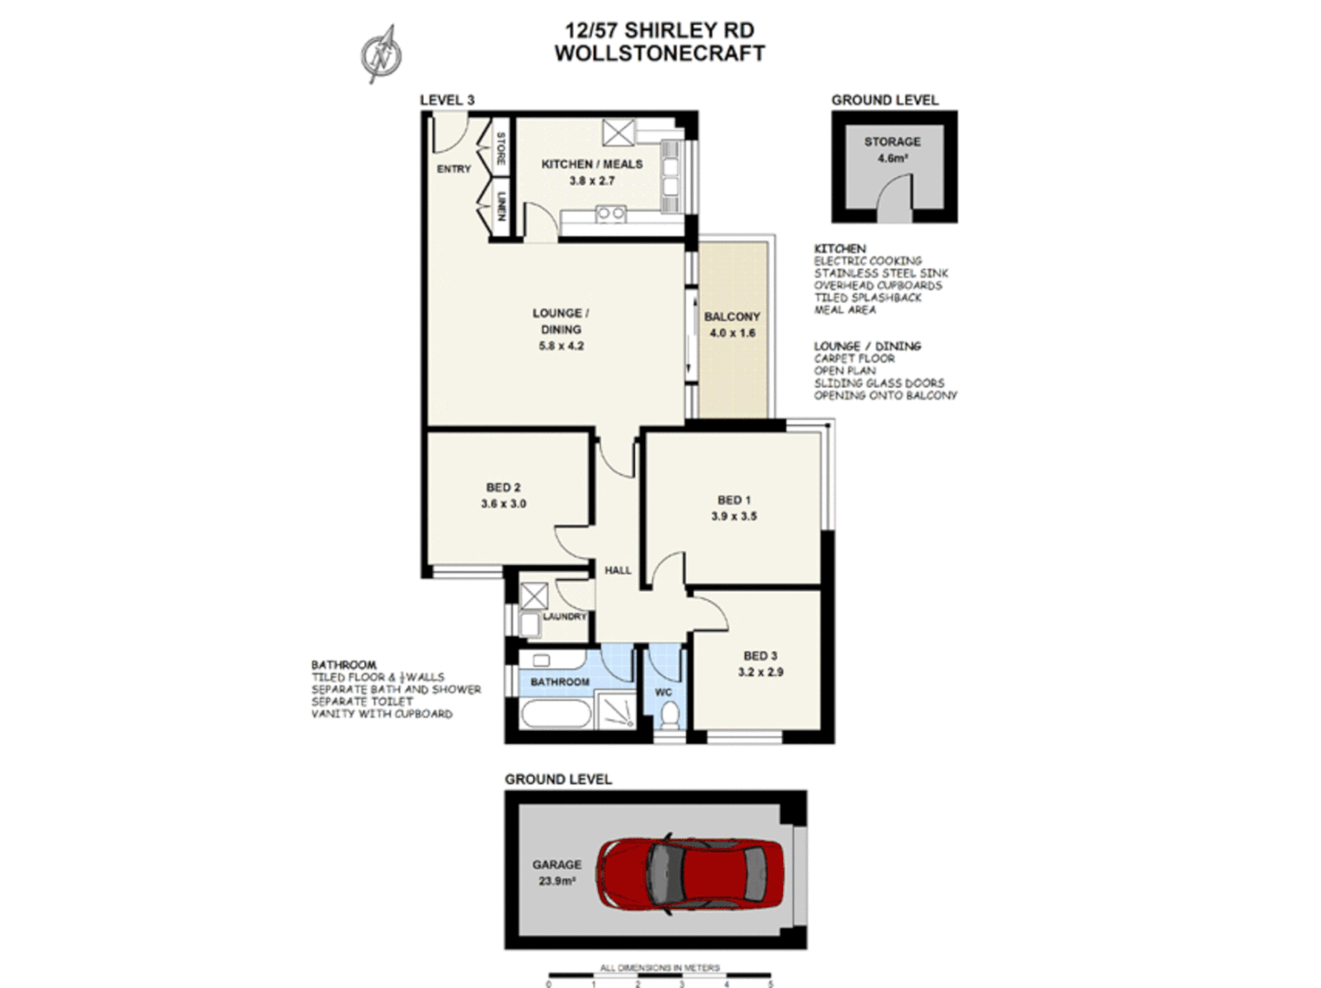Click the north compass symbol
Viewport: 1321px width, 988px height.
point(381,53)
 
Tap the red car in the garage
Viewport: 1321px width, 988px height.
point(691,871)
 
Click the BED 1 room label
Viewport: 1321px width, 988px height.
point(734,499)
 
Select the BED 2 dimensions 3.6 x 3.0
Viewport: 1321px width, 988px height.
point(503,504)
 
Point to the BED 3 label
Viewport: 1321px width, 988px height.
point(760,656)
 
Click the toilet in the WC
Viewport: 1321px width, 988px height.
point(669,714)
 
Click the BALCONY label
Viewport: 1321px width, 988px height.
point(732,317)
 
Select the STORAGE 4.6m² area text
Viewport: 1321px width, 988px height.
point(892,158)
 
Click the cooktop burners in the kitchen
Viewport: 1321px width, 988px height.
point(610,214)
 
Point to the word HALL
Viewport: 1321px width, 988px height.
point(618,570)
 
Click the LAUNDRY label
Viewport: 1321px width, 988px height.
point(564,617)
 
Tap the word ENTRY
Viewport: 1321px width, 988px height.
point(454,169)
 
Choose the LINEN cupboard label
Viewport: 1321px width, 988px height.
point(501,206)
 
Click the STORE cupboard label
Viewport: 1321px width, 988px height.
point(501,148)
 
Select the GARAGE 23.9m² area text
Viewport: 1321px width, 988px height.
point(556,881)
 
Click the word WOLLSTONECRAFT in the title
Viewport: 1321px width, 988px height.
point(660,53)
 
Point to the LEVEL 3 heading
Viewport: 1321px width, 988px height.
point(446,100)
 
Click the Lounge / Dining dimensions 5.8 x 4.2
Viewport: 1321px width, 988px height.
point(561,346)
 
